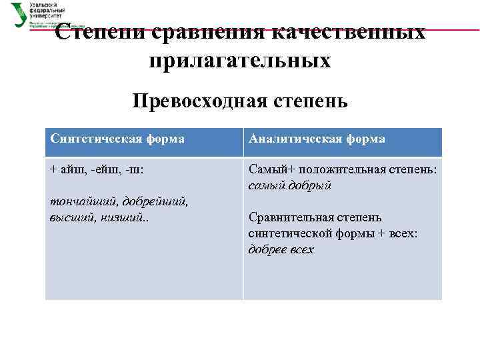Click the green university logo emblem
19,13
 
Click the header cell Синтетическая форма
117,139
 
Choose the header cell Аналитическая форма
317,139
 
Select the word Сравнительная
291,217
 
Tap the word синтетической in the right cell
287,233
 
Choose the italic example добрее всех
281,249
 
